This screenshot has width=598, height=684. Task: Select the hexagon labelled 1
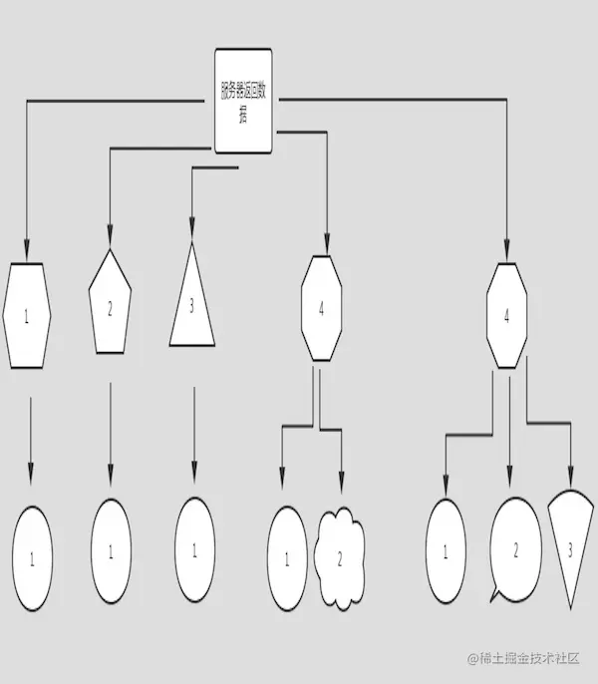[28, 315]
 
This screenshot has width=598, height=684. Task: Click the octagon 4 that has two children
[321, 309]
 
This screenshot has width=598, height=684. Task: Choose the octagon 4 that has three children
[507, 316]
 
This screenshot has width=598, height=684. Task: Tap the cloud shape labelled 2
[339, 557]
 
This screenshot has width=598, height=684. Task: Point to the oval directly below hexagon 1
[32, 557]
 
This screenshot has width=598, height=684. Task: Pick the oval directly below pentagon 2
[111, 550]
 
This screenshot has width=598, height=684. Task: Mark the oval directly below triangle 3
[194, 550]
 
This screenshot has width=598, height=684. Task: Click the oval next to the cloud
[287, 557]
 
